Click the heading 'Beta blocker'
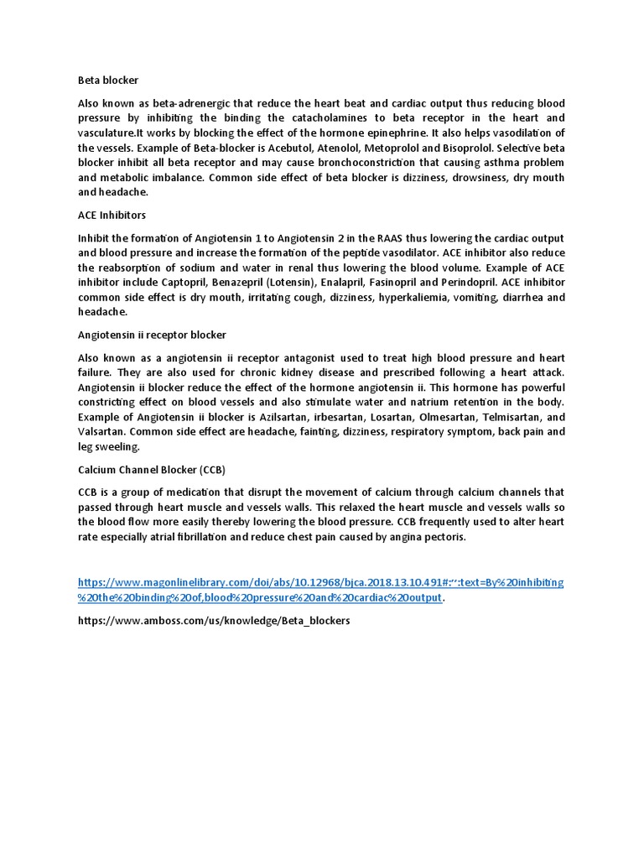[x=108, y=81]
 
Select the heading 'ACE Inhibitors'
[x=112, y=216]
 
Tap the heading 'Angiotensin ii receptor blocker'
[x=152, y=335]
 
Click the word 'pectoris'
[x=443, y=537]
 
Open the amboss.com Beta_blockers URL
[x=214, y=622]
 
